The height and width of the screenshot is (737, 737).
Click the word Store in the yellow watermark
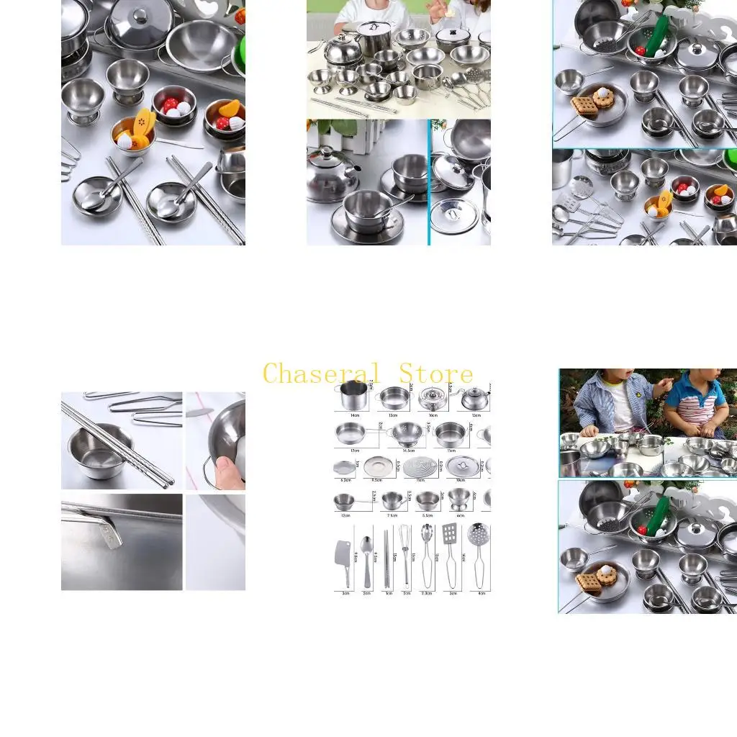click(436, 374)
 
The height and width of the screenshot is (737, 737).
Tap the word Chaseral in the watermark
click(321, 374)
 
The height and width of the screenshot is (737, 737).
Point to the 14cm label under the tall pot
click(355, 416)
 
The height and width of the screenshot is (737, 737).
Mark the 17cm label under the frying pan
click(355, 451)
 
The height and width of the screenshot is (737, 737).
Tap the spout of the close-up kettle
click(354, 170)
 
